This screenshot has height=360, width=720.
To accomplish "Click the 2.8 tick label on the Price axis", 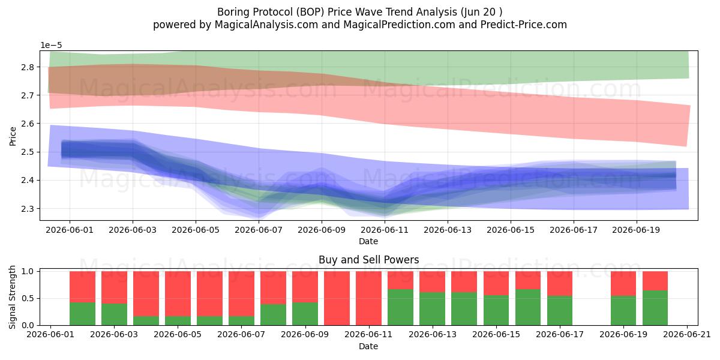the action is (x=28, y=67).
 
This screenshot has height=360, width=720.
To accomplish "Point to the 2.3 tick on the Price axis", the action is (x=28, y=209).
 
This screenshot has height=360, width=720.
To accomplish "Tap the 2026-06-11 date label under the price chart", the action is (x=385, y=230).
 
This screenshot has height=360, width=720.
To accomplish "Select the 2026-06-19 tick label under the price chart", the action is (x=636, y=230).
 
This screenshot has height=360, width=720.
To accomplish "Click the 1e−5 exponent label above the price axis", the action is (x=51, y=46).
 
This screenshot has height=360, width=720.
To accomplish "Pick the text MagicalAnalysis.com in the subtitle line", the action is (x=266, y=25).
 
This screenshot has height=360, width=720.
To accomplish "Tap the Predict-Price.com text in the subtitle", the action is (x=524, y=25).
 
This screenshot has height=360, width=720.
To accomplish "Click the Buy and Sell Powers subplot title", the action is (x=368, y=260).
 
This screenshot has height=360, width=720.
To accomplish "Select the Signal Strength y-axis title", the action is (x=12, y=298).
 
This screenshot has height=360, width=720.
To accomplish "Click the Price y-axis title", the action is (x=13, y=137).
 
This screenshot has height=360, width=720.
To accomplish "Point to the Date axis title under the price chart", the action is (x=368, y=241).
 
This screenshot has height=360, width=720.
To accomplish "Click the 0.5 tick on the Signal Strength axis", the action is (x=28, y=299).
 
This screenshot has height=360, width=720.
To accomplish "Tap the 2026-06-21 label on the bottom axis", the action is (x=687, y=335).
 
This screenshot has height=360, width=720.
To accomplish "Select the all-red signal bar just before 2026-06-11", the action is (x=337, y=298).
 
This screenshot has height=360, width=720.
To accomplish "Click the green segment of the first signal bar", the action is (x=82, y=314).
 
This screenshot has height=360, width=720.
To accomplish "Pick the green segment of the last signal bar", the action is (x=655, y=308).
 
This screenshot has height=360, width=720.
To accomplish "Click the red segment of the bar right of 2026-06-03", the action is (x=146, y=294).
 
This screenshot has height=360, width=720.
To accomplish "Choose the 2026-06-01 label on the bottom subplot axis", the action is (x=50, y=335).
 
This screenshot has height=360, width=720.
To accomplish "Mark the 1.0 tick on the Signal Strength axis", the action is (x=28, y=272).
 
